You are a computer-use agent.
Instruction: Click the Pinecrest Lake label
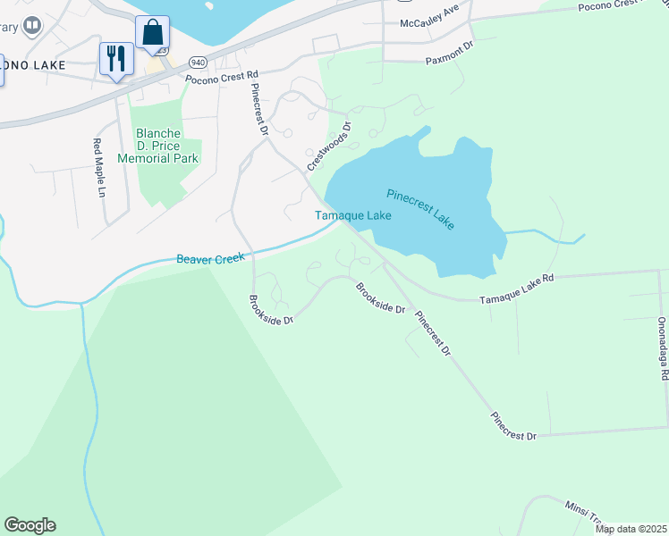point(420,208)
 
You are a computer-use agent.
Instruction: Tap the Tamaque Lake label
point(353,215)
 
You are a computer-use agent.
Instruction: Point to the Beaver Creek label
point(210,258)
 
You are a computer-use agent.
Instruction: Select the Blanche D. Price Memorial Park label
point(166,146)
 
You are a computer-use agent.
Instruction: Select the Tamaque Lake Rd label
point(517,278)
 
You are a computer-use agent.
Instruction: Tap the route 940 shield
point(198,63)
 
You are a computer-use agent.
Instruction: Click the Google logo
point(30,525)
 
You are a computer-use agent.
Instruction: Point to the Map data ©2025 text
point(631,529)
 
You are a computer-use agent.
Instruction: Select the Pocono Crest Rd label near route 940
point(221,78)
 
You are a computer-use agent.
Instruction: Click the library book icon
point(33,25)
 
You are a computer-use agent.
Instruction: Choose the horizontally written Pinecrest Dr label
point(513,435)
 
